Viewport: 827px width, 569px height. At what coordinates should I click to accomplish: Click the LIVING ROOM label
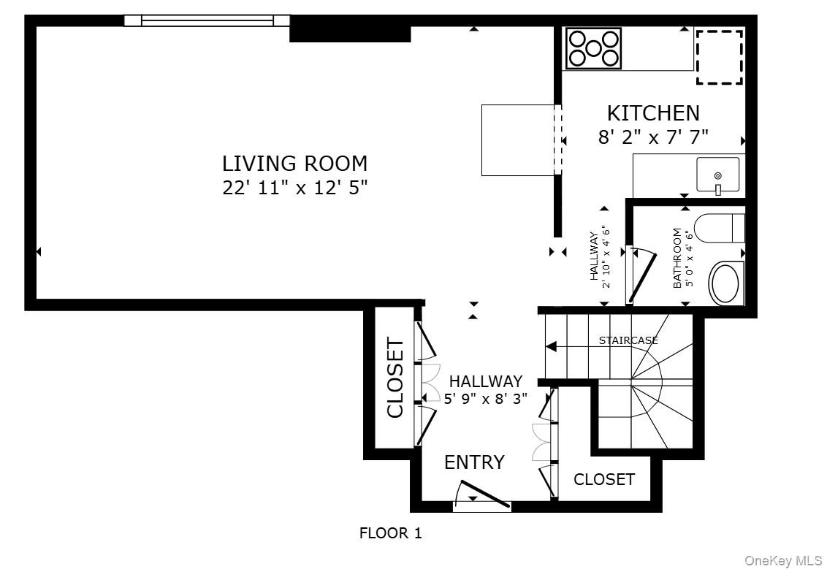[294, 163]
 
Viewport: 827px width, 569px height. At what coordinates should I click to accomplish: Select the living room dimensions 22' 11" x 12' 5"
[294, 188]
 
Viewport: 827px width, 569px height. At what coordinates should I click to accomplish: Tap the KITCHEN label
[653, 113]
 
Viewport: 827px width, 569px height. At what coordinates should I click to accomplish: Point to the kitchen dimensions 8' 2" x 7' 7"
[653, 137]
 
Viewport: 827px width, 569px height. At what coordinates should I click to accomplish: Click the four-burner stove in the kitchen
[593, 48]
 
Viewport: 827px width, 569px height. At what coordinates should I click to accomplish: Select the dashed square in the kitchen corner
[719, 57]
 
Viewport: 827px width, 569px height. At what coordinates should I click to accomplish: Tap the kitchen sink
[717, 176]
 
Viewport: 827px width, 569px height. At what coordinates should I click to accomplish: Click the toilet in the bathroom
[720, 227]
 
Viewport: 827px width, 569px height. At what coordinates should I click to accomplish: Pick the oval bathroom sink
[725, 283]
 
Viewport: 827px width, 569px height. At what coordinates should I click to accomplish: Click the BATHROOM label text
[677, 258]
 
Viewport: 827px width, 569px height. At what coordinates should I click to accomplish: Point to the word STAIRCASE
[628, 340]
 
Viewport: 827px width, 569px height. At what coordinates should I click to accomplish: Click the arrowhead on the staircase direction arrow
[551, 347]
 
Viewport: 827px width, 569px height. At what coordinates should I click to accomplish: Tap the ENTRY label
[474, 462]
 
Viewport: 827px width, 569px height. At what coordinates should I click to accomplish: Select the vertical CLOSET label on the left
[395, 377]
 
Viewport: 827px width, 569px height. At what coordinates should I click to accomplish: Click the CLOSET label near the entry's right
[604, 479]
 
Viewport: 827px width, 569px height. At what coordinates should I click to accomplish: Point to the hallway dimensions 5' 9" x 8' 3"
[486, 399]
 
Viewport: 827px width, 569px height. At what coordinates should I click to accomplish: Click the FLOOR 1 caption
[390, 533]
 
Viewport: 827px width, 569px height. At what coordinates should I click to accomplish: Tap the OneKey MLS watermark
[782, 560]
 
